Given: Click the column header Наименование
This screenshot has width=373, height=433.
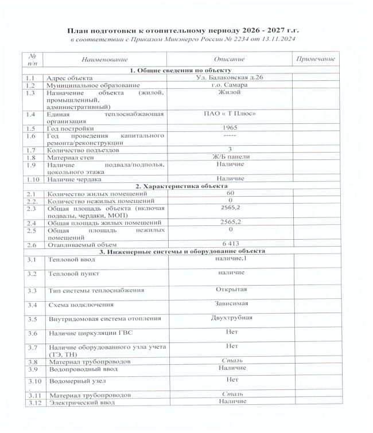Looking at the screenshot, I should [x=104, y=59].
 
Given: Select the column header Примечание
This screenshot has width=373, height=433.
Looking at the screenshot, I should [x=315, y=59].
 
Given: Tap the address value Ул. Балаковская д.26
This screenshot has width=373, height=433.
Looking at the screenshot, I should [x=230, y=77].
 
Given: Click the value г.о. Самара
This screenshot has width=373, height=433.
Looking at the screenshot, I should [x=229, y=84].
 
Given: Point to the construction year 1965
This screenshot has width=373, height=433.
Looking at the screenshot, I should [x=229, y=127].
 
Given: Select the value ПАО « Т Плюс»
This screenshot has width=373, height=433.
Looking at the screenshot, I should [x=230, y=114].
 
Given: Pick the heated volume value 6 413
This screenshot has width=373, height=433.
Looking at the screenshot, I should [x=230, y=244].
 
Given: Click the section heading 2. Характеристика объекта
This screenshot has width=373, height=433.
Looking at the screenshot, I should [x=178, y=186].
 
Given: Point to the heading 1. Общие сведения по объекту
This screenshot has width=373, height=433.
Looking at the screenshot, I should [x=178, y=70].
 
